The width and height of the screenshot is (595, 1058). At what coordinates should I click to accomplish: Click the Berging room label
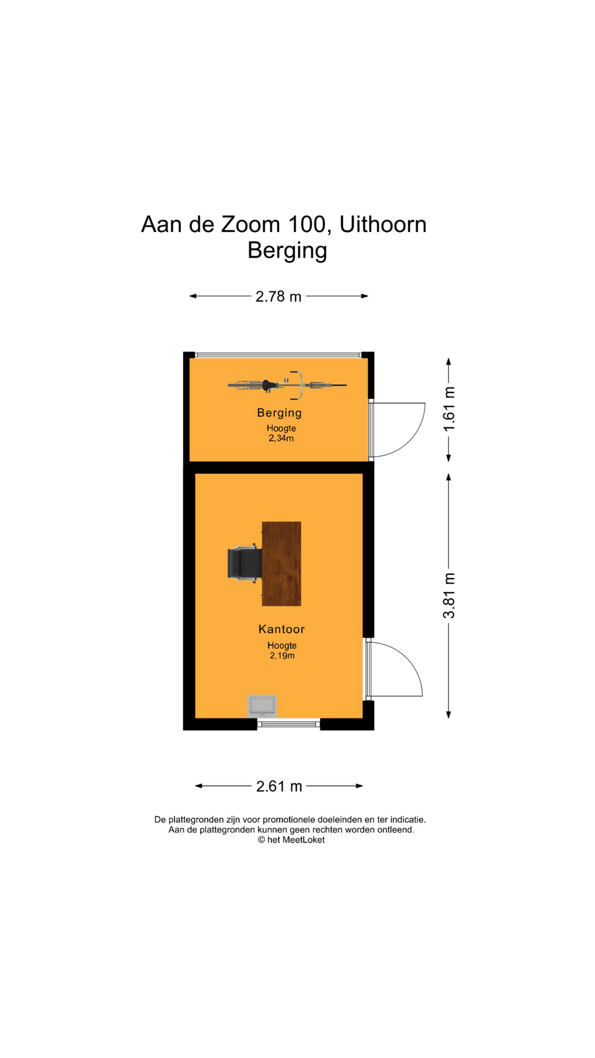pyautogui.click(x=279, y=413)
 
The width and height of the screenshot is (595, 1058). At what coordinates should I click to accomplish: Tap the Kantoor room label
pyautogui.click(x=282, y=629)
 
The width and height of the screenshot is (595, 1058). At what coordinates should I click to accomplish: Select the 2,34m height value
pyautogui.click(x=281, y=439)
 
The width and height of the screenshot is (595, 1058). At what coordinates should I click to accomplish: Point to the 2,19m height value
pyautogui.click(x=282, y=656)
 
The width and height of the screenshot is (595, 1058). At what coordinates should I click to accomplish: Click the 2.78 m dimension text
pyautogui.click(x=278, y=296)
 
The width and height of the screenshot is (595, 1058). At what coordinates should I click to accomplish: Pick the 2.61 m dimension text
pyautogui.click(x=279, y=786)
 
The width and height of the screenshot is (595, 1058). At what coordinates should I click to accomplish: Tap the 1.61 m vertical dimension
pyautogui.click(x=450, y=409)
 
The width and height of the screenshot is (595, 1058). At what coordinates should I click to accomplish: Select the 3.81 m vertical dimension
pyautogui.click(x=450, y=596)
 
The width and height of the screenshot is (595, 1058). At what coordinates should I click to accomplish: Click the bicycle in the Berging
pyautogui.click(x=287, y=385)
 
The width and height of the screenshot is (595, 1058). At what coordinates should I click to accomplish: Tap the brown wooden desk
pyautogui.click(x=282, y=564)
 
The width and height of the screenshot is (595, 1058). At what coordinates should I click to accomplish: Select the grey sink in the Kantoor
pyautogui.click(x=262, y=705)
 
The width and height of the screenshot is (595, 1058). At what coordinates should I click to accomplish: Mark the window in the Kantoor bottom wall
pyautogui.click(x=289, y=724)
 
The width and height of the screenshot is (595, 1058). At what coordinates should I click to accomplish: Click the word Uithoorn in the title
pyautogui.click(x=383, y=224)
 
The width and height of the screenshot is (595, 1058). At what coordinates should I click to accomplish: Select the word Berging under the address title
pyautogui.click(x=287, y=251)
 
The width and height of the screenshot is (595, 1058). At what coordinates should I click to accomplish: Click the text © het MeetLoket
pyautogui.click(x=291, y=840)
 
